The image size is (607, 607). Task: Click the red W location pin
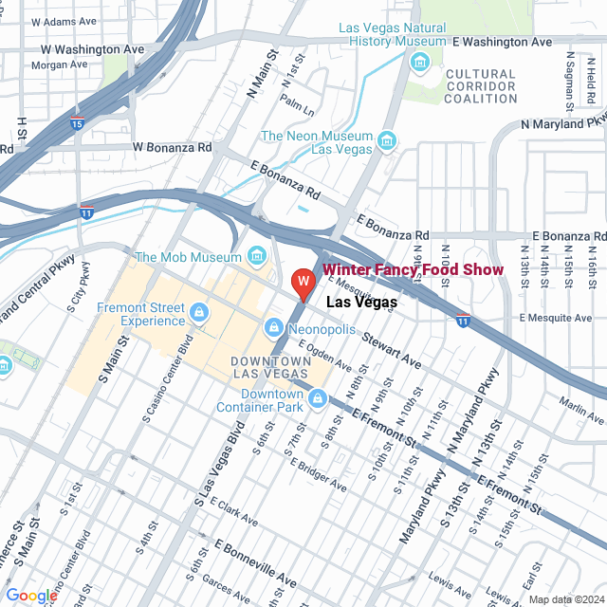coord(303,283)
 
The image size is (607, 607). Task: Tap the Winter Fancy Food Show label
coord(413,270)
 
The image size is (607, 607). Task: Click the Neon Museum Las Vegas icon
coord(386,142)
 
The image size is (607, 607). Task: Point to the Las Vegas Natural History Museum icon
coord(419,63)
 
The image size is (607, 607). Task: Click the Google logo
coord(32,595)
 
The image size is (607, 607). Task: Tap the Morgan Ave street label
coord(59,64)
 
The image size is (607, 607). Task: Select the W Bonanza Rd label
coord(173,147)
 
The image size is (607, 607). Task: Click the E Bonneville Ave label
coord(255,560)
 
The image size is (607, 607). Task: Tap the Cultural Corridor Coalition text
coord(481,86)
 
